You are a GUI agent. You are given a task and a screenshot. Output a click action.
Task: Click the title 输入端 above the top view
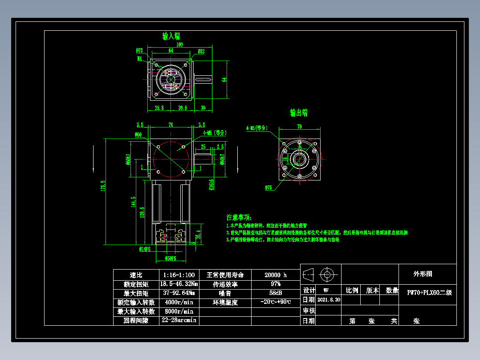point(171,36)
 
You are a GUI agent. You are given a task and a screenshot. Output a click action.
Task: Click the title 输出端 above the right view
point(299,113)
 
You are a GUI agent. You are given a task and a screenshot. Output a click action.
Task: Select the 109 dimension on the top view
point(180,45)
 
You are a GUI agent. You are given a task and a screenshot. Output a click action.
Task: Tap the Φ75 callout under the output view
point(268,188)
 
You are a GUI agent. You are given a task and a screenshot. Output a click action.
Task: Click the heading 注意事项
point(239,217)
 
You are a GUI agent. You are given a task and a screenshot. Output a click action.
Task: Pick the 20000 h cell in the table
point(276,275)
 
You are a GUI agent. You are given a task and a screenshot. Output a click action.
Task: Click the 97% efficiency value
point(276,284)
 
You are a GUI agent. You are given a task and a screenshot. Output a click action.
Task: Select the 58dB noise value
point(276,293)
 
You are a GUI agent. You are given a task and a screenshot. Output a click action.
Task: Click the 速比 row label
point(136,275)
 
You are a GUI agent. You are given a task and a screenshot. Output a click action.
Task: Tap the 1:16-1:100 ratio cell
point(179,275)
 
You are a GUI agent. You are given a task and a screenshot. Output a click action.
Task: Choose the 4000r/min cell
point(179,302)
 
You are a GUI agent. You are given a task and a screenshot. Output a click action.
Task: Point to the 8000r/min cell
point(179,311)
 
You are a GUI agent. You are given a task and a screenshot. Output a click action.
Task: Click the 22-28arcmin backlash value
point(179,320)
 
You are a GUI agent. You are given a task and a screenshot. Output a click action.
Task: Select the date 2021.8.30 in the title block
point(329,300)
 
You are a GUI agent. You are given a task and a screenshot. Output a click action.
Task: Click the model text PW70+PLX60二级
point(429,293)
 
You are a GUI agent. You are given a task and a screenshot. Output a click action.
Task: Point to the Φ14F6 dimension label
point(145,250)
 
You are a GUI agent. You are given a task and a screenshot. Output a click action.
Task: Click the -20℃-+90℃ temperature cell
point(276,302)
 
